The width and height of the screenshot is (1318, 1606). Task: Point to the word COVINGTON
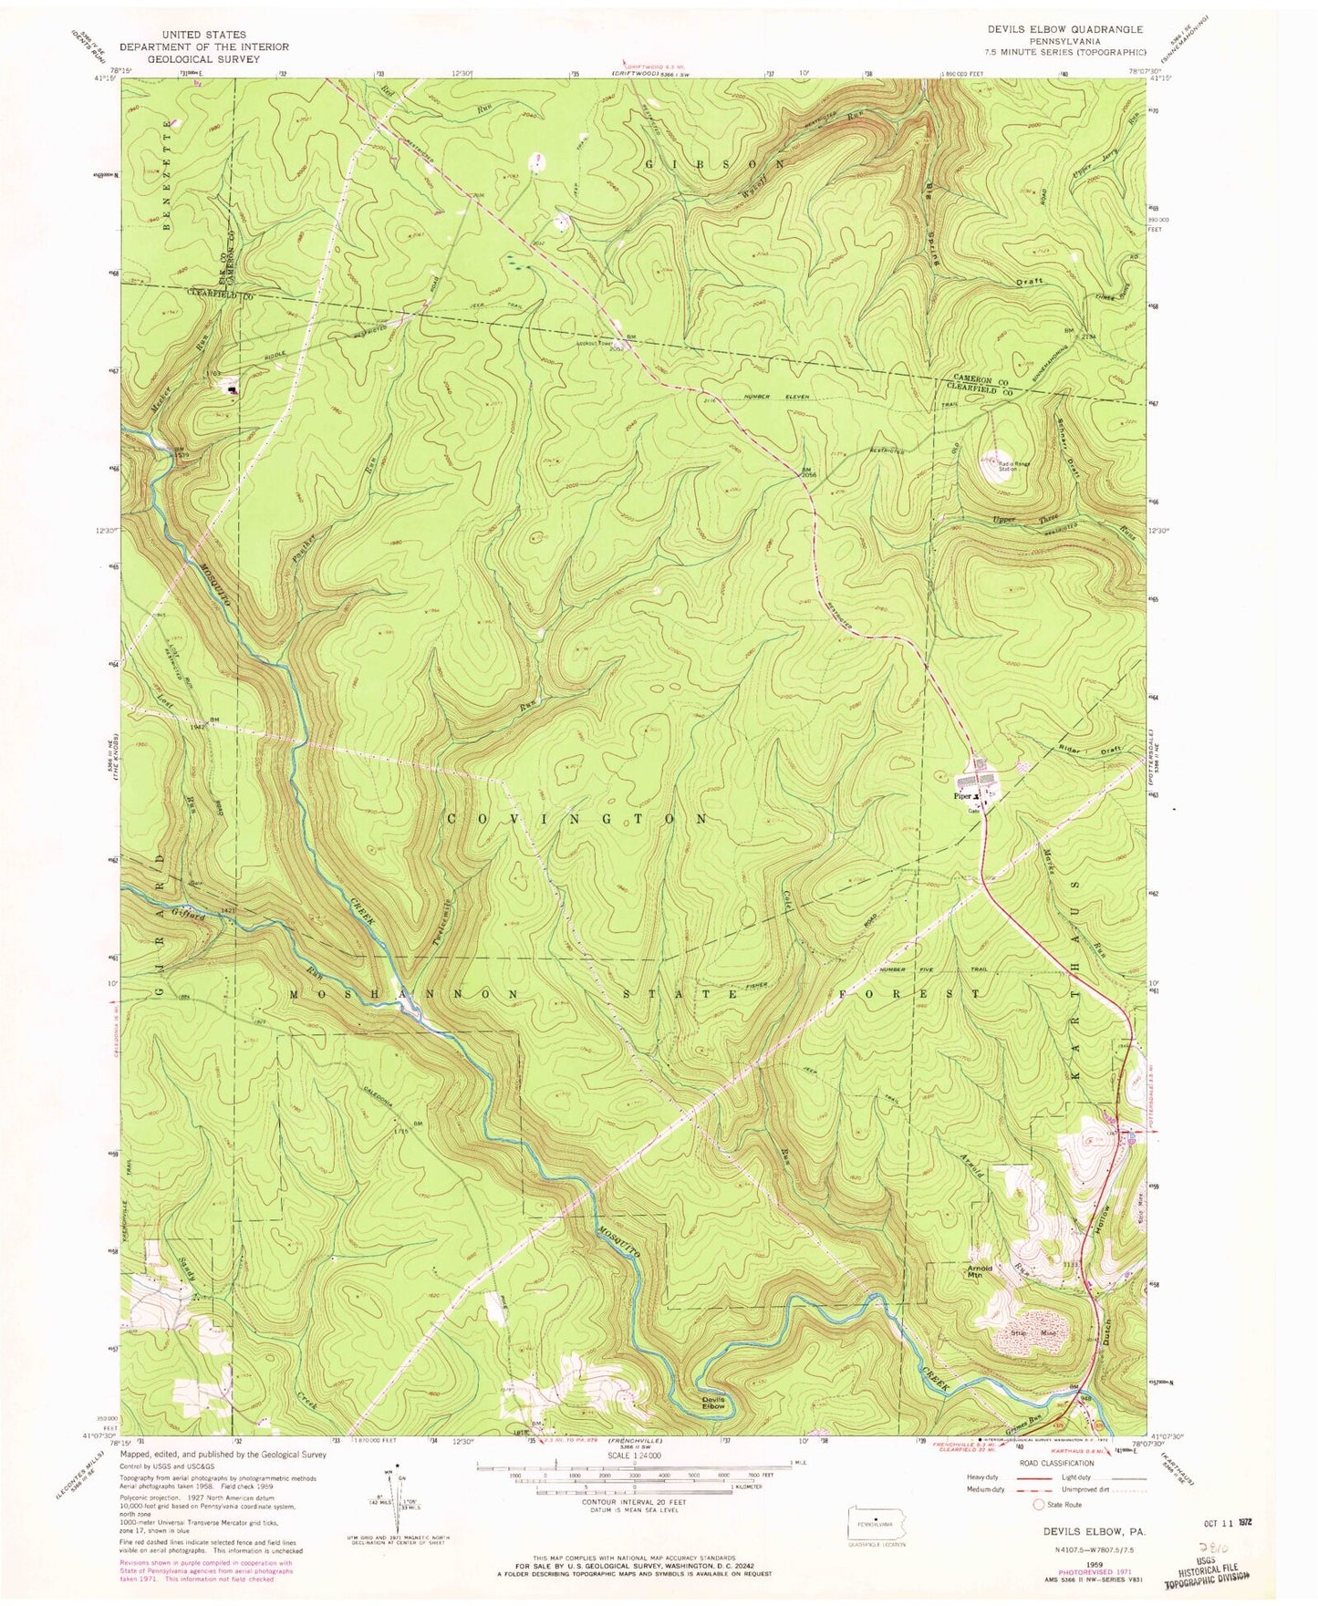click(577, 819)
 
